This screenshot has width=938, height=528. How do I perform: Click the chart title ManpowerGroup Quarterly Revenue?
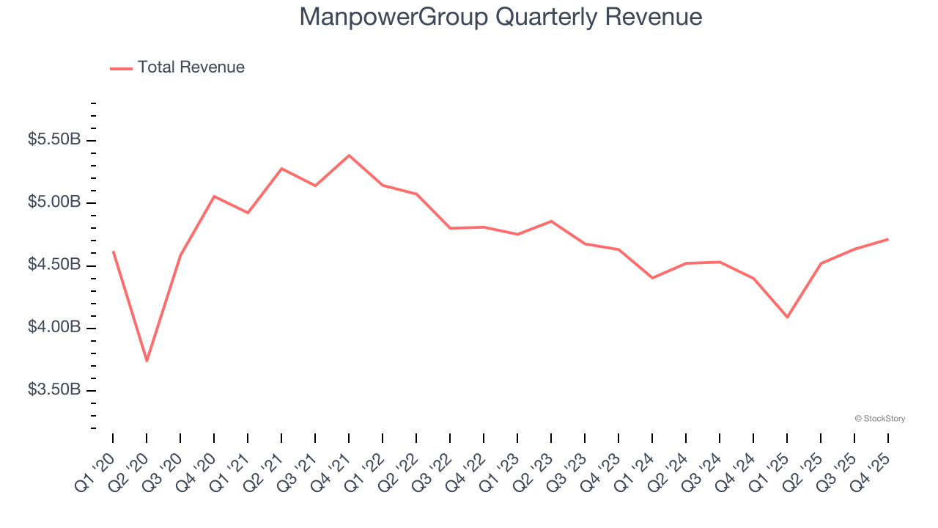(501, 17)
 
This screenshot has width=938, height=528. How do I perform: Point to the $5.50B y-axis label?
(54, 139)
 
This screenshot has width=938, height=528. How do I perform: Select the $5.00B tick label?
(54, 202)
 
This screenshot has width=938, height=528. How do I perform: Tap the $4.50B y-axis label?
(54, 264)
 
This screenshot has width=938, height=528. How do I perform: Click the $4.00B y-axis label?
(54, 327)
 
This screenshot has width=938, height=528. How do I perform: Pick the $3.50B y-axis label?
(54, 389)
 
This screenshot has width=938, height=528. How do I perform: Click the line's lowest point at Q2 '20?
(147, 361)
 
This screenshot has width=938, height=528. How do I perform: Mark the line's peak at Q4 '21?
(349, 155)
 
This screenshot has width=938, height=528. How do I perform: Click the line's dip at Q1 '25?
(787, 317)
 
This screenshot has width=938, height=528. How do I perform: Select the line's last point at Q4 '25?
(888, 239)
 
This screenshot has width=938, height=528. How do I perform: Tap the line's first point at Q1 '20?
(113, 252)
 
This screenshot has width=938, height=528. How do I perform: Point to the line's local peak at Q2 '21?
(281, 169)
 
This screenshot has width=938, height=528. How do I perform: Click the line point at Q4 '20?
(214, 196)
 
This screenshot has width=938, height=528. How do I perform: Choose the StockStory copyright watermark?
(879, 419)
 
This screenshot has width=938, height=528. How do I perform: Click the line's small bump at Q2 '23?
(551, 221)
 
